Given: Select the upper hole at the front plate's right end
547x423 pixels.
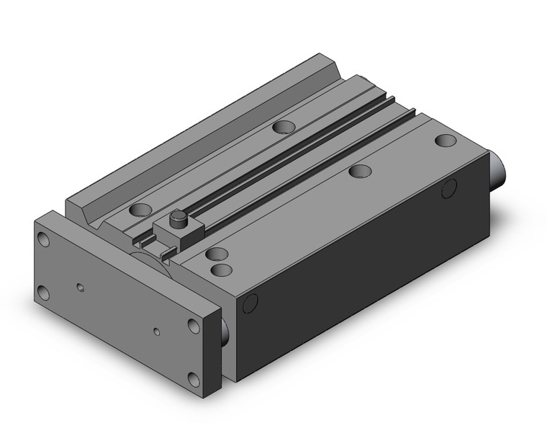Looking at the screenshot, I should point(194,325).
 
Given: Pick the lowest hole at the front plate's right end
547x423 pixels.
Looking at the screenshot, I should point(194,376).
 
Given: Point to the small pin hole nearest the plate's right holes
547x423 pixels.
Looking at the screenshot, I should point(157,332).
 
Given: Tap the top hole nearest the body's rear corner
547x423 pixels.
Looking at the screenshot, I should point(445,140).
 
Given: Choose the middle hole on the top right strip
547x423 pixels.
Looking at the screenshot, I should point(359,172).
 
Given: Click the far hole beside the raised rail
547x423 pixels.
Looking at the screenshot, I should point(284,128).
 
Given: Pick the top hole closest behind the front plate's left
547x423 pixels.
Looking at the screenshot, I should point(141,210).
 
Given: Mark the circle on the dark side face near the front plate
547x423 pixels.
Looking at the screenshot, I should point(250,305).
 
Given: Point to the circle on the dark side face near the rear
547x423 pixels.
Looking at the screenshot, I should point(448,189).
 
